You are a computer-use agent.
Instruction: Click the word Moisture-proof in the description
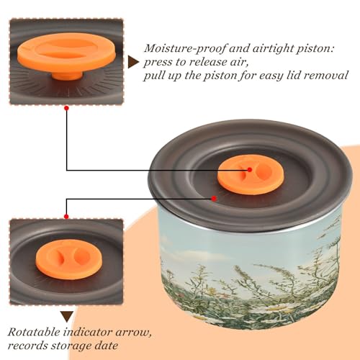pyautogui.click(x=185, y=49)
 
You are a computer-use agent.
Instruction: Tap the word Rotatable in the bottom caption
pyautogui.click(x=34, y=333)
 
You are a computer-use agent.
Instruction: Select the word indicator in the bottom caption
pyautogui.click(x=88, y=333)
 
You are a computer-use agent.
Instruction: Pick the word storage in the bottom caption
pyautogui.click(x=71, y=346)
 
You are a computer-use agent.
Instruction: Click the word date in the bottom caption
pyautogui.click(x=106, y=346)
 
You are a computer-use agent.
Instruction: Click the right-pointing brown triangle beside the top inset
pyautogui.click(x=133, y=63)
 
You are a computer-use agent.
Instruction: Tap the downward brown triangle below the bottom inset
pyautogui.click(x=67, y=316)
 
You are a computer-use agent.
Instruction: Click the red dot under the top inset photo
pyautogui.click(x=67, y=108)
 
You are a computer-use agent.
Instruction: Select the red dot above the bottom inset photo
pyautogui.click(x=66, y=217)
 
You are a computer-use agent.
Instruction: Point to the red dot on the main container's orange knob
pyautogui.click(x=250, y=170)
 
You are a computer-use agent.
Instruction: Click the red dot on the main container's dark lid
pyautogui.click(x=214, y=199)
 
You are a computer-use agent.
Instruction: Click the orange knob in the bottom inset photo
pyautogui.click(x=69, y=259)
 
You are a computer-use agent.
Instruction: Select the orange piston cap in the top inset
pyautogui.click(x=66, y=53)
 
